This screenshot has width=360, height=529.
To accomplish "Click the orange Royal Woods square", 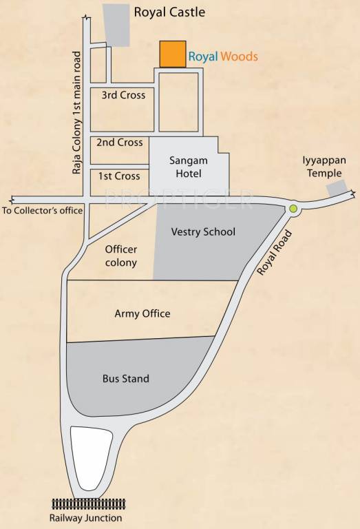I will (x=172, y=54).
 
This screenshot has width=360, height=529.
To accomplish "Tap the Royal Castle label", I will (x=169, y=12).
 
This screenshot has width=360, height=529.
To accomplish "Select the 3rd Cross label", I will (x=123, y=95).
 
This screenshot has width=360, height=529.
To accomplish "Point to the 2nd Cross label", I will (x=120, y=143).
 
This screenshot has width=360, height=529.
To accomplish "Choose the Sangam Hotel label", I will (x=188, y=167).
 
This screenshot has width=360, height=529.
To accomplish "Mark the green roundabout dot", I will (x=293, y=208).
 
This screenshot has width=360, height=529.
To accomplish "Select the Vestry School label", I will (x=203, y=232).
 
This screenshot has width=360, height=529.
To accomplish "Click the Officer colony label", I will (x=121, y=256).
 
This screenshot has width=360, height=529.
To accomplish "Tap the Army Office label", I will (x=142, y=314).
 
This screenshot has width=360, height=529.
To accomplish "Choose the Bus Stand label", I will (x=126, y=379).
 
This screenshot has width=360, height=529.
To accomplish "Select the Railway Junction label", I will (x=85, y=518).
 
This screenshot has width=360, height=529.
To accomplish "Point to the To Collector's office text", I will (x=42, y=211).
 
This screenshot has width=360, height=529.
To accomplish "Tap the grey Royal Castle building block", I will (x=117, y=25).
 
